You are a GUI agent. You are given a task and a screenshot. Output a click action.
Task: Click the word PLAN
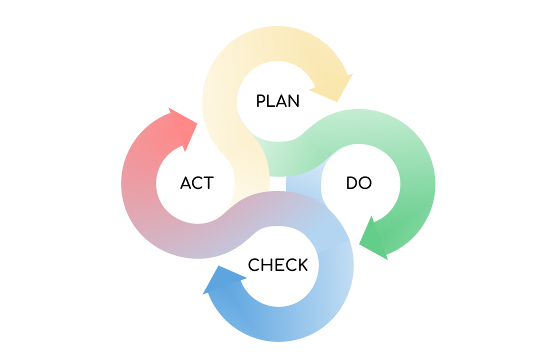277,101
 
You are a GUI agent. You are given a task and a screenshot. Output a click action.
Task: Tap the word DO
358,183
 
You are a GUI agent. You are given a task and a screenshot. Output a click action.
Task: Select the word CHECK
277,265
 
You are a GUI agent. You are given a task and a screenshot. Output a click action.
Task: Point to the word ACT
196,183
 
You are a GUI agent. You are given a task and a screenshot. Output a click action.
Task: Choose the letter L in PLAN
271,101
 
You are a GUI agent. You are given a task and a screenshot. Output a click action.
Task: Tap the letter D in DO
351,183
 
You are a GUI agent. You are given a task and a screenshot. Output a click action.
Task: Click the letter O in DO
365,183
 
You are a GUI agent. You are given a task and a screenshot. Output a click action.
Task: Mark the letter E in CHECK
278,265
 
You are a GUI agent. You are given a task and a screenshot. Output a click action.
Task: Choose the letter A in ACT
185,183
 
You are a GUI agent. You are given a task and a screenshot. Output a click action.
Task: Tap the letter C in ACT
197,183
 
